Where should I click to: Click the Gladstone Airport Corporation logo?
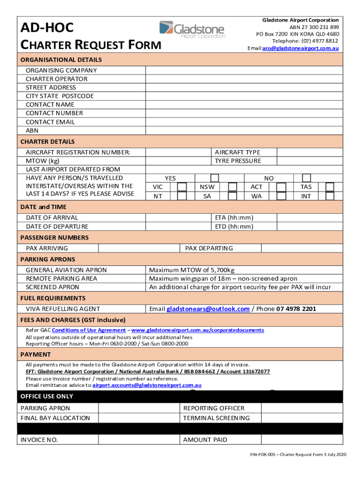click(192, 29)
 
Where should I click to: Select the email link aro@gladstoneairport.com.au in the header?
click(301, 48)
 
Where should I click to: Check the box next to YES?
click(214, 178)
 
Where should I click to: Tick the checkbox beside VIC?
click(182, 187)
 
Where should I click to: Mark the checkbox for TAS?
click(330, 187)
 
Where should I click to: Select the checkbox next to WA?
click(281, 196)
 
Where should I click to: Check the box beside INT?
click(330, 196)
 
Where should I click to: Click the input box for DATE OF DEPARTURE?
click(178, 226)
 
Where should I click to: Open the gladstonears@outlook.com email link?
click(208, 309)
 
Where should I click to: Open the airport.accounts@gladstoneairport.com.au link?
click(147, 385)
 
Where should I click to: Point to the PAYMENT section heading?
click(36, 355)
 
